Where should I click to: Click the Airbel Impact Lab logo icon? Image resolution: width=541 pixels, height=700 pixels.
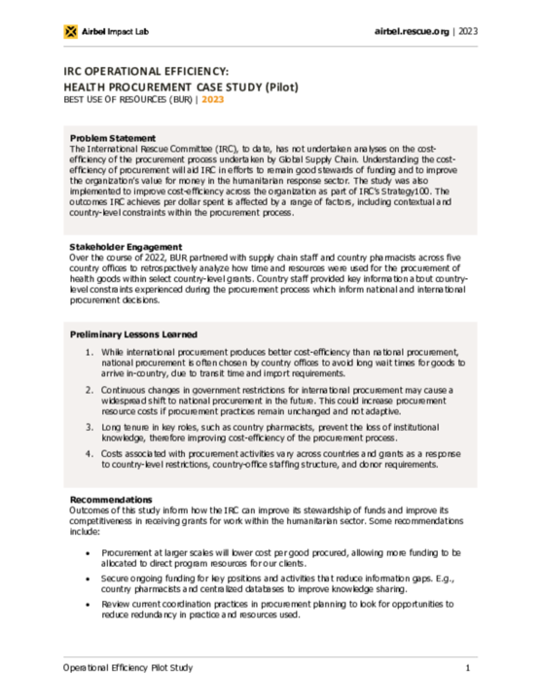pyautogui.click(x=70, y=32)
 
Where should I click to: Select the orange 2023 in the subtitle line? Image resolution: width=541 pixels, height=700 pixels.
pyautogui.click(x=212, y=99)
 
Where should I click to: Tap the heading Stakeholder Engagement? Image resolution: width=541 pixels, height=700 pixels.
pyautogui.click(x=126, y=247)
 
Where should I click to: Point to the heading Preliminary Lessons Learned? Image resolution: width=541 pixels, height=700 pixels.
pyautogui.click(x=138, y=333)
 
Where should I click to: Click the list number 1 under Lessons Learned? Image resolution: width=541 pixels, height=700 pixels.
pyautogui.click(x=89, y=351)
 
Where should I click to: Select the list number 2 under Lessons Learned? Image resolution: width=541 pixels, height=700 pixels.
pyautogui.click(x=89, y=388)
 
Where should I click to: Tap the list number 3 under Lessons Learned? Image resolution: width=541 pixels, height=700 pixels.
pyautogui.click(x=89, y=426)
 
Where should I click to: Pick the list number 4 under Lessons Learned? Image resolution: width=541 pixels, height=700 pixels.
pyautogui.click(x=89, y=454)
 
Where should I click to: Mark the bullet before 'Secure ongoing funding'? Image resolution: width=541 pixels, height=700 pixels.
pyautogui.click(x=89, y=579)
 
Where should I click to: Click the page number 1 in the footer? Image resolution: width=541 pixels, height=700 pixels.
pyautogui.click(x=468, y=668)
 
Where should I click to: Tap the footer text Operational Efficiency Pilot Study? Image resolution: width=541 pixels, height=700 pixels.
pyautogui.click(x=127, y=668)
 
